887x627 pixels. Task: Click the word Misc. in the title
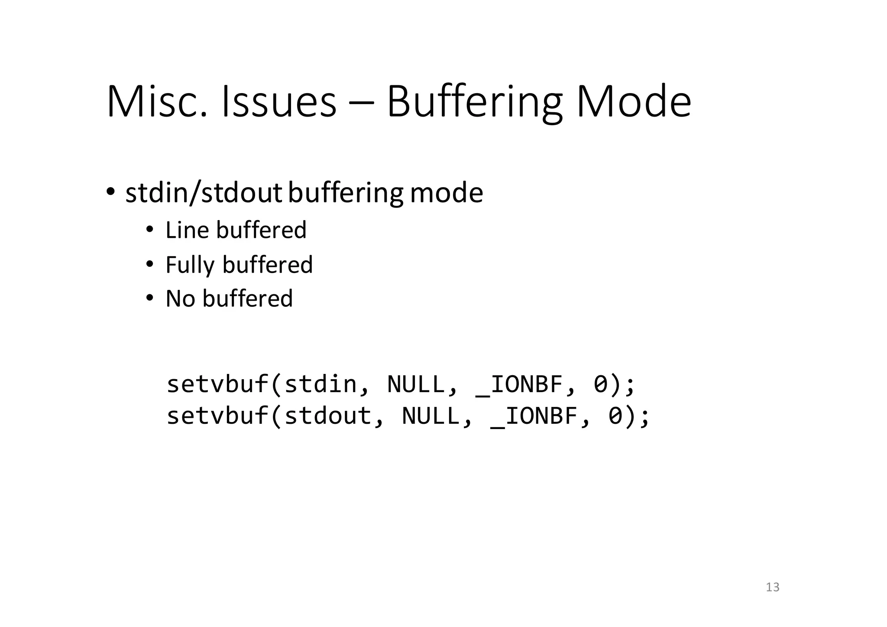pyautogui.click(x=156, y=102)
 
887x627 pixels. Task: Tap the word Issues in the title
pyautogui.click(x=278, y=102)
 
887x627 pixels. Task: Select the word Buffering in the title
pyautogui.click(x=474, y=103)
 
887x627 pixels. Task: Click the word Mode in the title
pyautogui.click(x=633, y=102)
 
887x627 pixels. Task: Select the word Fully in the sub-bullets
pyautogui.click(x=190, y=265)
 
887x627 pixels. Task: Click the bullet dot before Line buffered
pyautogui.click(x=149, y=230)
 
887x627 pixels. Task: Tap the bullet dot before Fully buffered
pyautogui.click(x=149, y=264)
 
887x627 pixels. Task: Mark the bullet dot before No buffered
pyautogui.click(x=149, y=298)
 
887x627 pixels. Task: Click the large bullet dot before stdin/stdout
pyautogui.click(x=110, y=192)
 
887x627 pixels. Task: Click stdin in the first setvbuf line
pyautogui.click(x=320, y=384)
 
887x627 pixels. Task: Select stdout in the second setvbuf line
pyautogui.click(x=328, y=416)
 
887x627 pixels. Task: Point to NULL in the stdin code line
pyautogui.click(x=416, y=384)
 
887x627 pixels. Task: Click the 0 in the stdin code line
pyautogui.click(x=600, y=384)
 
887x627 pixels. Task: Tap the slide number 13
pyautogui.click(x=773, y=587)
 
